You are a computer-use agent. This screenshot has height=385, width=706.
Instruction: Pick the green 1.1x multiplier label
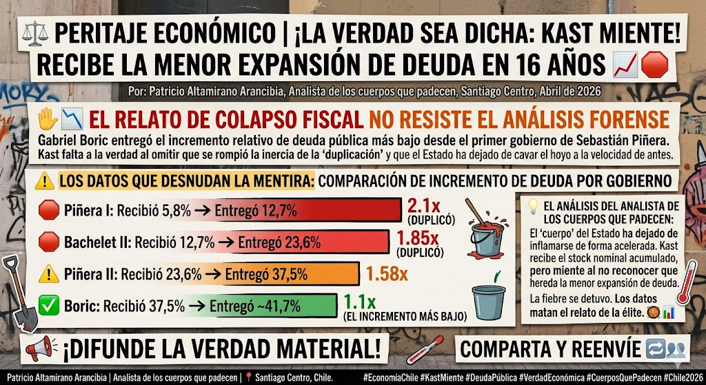click(359, 301)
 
